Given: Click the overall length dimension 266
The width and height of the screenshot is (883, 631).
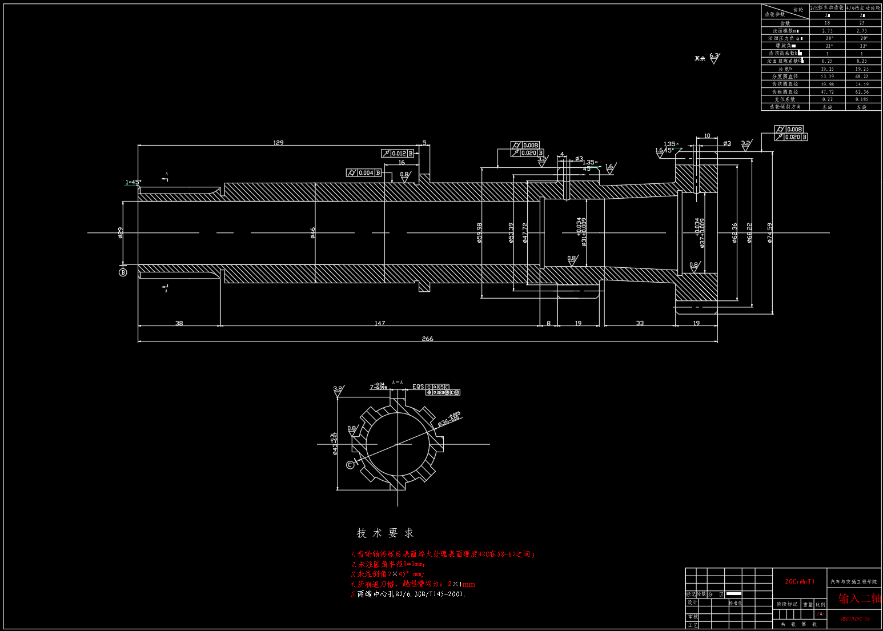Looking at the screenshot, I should point(427,339).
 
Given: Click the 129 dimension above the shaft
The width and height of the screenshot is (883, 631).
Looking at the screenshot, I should point(278,143).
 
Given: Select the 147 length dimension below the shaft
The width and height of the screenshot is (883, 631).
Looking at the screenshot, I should point(380,323).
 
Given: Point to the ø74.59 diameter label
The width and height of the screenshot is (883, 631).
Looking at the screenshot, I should point(769,233).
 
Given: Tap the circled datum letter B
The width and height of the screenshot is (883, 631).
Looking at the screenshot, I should point(123,272).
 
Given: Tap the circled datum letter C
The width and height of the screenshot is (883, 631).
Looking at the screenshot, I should point(350,465).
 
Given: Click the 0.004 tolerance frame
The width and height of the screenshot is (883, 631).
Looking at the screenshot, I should point(364,172).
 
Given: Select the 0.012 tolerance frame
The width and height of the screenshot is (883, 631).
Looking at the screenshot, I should point(398,153).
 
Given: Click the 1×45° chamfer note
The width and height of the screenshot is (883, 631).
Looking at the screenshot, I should point(133,182).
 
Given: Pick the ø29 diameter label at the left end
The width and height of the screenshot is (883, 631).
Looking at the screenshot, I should point(121,232).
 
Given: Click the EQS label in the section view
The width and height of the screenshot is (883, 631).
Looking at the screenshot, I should point(418,387).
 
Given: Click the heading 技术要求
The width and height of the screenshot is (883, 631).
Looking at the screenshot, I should point(385,533).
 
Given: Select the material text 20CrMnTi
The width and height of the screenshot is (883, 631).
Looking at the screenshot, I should point(800,581).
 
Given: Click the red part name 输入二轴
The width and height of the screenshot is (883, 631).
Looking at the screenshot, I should point(859,598).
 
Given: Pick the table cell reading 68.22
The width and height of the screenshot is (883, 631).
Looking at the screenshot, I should point(861,77).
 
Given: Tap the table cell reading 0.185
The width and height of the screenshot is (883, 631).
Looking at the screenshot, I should point(861,99).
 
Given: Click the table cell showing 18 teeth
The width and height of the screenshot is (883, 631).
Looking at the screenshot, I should point(827,23).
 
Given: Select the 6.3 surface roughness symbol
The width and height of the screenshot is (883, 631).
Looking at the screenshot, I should point(714,57).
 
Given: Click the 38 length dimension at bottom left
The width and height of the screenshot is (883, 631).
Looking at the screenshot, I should point(179,323).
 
